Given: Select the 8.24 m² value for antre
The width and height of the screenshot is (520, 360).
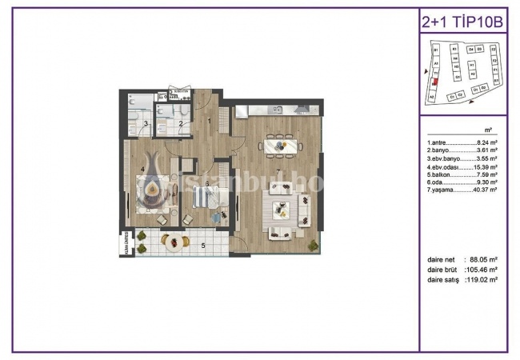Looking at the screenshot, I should pos(487,142).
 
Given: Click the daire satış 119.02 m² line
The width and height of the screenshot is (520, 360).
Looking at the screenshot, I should pos(463,280).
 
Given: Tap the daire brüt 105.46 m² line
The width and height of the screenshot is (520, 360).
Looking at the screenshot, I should pos(463,270).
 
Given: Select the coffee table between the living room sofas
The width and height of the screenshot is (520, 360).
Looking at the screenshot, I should pos(281,210).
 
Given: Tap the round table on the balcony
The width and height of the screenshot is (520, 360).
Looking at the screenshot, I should pos(171,239).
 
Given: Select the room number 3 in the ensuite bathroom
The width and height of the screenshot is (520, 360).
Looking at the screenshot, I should pos(146,123).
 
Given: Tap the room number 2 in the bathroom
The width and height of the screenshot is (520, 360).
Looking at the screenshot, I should pos(182,123).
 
